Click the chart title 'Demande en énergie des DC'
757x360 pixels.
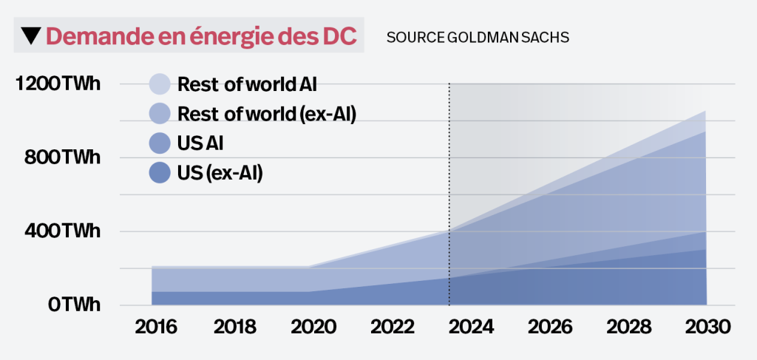tap(202, 36)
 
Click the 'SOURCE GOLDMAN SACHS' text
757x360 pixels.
tap(478, 37)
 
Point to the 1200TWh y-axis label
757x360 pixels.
tap(58, 84)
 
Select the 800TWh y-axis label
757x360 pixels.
tap(62, 157)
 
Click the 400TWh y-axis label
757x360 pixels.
tap(62, 231)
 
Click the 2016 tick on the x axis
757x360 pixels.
tap(155, 327)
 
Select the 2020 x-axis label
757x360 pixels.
tap(312, 327)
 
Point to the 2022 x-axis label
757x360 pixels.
tap(391, 327)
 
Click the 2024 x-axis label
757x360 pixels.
tap(471, 327)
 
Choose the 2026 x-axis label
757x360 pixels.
tap(550, 327)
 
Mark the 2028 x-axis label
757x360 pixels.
tap(629, 327)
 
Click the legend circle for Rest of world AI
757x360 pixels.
tap(160, 84)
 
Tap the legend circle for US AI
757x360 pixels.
tap(160, 143)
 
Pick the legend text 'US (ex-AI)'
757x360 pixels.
tap(220, 173)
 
